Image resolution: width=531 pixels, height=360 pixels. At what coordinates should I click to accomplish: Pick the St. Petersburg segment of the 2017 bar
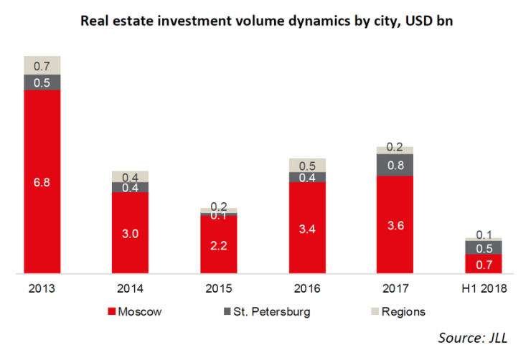[x=395, y=165]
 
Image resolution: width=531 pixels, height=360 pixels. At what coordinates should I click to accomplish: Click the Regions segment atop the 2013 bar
[x=42, y=65]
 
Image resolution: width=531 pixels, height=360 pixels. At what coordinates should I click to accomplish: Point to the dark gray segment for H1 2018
[x=483, y=247]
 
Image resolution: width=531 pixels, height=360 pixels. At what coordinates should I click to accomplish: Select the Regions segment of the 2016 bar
[x=307, y=165]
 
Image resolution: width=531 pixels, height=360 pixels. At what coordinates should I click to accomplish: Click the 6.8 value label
[x=42, y=182]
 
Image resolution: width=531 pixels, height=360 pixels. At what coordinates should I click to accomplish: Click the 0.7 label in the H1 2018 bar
[x=483, y=265]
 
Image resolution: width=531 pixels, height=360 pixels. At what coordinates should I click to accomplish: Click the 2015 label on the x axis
[x=219, y=289]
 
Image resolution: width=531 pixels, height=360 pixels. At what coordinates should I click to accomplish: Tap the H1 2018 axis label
[x=483, y=289]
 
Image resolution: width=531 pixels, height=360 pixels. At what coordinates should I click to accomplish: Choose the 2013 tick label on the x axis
[x=42, y=289]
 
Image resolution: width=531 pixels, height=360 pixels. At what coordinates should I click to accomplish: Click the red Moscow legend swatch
[x=111, y=312]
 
